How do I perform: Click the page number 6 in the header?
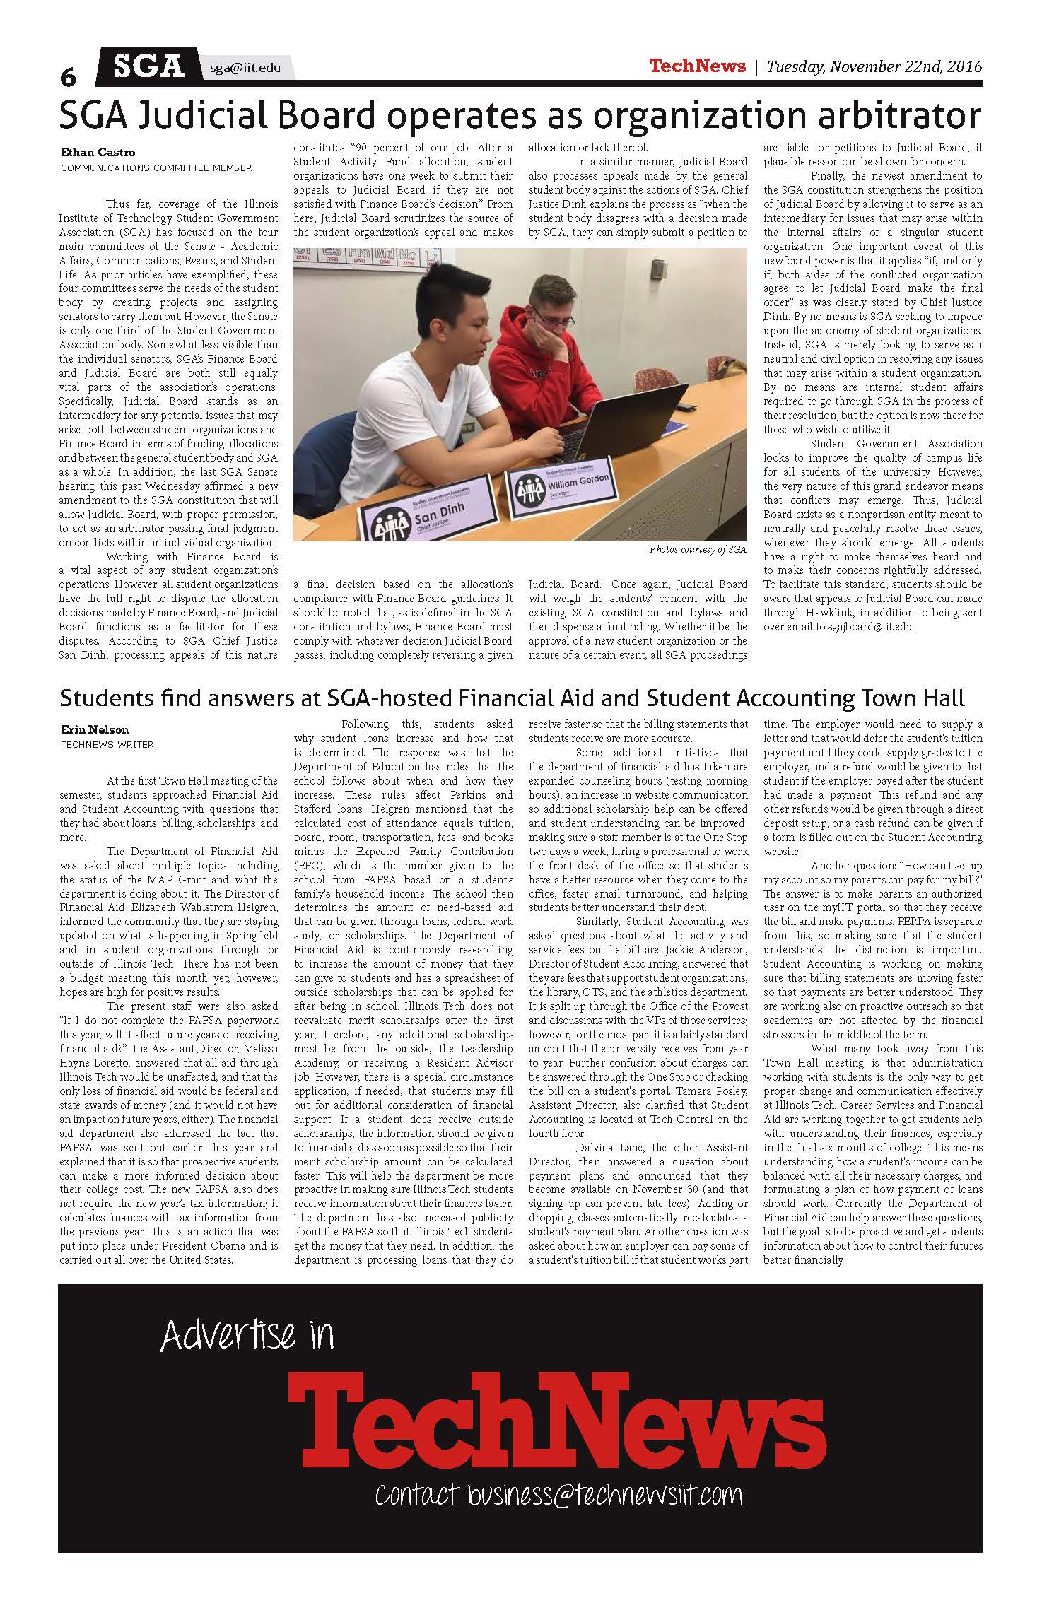tap(68, 76)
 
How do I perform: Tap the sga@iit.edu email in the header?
tap(245, 68)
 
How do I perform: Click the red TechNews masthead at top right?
tap(697, 66)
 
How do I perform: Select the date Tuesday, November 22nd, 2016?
tap(874, 67)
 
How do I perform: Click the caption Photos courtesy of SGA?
tap(698, 549)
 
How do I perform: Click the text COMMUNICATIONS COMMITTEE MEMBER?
tap(156, 168)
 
